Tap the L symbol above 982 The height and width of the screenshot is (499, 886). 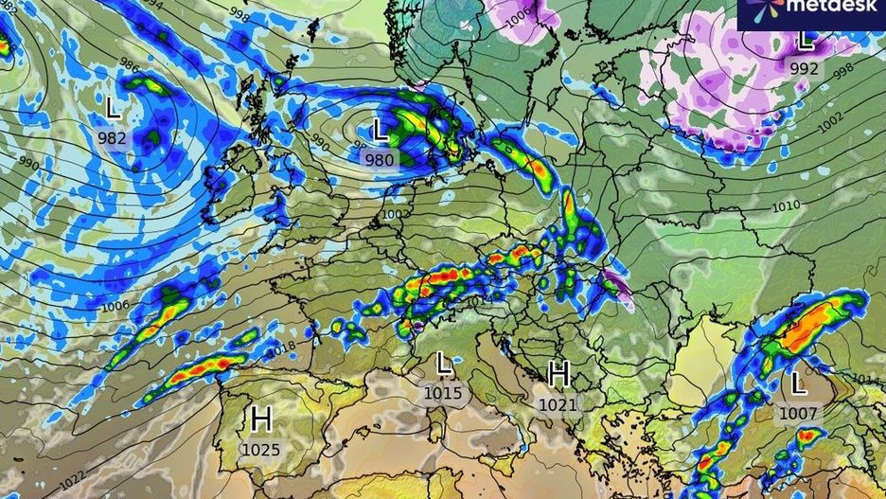pyautogui.click(x=113, y=108)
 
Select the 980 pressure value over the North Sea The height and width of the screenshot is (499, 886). pyautogui.click(x=380, y=160)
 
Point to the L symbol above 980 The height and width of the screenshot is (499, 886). pyautogui.click(x=381, y=130)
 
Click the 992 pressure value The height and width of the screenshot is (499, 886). pyautogui.click(x=805, y=68)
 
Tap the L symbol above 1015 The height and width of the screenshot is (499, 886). pyautogui.click(x=443, y=363)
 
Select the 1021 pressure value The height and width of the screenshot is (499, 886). pyautogui.click(x=558, y=404)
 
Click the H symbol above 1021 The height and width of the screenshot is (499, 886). pyautogui.click(x=558, y=374)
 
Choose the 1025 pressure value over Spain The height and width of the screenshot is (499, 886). pyautogui.click(x=261, y=449)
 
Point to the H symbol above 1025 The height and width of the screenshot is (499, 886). pyautogui.click(x=261, y=419)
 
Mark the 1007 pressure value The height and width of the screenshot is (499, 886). pyautogui.click(x=798, y=414)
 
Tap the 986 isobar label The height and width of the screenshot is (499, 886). pyautogui.click(x=130, y=69)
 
